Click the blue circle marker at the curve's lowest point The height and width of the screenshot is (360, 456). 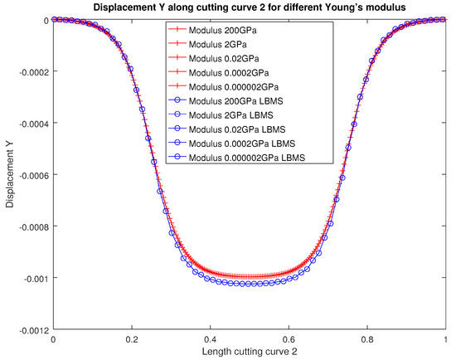(250, 284)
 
